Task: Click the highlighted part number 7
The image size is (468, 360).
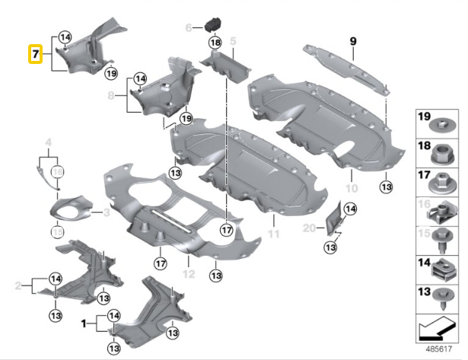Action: (35, 55)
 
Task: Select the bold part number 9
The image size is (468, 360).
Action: (352, 40)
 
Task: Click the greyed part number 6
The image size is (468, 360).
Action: (189, 28)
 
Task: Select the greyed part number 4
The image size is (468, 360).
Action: (48, 142)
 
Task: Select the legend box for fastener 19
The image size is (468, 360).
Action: (440, 124)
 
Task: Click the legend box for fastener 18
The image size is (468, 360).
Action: (440, 152)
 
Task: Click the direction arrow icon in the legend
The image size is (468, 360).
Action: (440, 329)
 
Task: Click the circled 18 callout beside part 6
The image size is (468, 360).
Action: (215, 43)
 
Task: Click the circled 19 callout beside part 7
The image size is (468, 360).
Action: (112, 73)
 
